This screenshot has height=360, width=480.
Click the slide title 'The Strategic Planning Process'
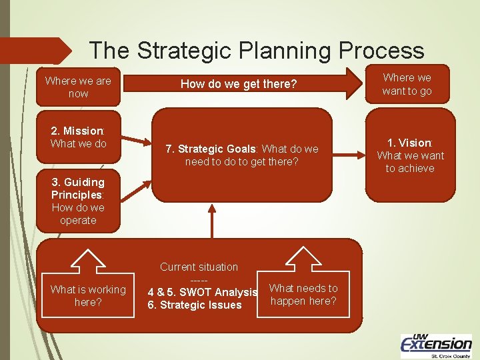coord(256,51)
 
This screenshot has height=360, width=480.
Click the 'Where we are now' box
coord(78,87)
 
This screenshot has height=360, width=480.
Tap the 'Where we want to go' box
coord(407,85)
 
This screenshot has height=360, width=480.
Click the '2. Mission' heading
coord(77,131)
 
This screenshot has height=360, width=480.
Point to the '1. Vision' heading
coord(410,143)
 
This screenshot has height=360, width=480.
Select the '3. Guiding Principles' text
coord(78,188)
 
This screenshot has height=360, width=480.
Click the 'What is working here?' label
coord(88,295)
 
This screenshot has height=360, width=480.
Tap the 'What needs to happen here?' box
coord(303,295)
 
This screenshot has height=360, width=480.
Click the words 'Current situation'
coord(199,267)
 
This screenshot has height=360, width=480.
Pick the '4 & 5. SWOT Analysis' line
coord(202,292)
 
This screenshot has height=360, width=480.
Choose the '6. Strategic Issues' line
coord(195,305)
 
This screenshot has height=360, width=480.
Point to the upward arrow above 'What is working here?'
coord(88,261)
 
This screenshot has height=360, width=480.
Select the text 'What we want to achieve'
coord(410,162)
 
